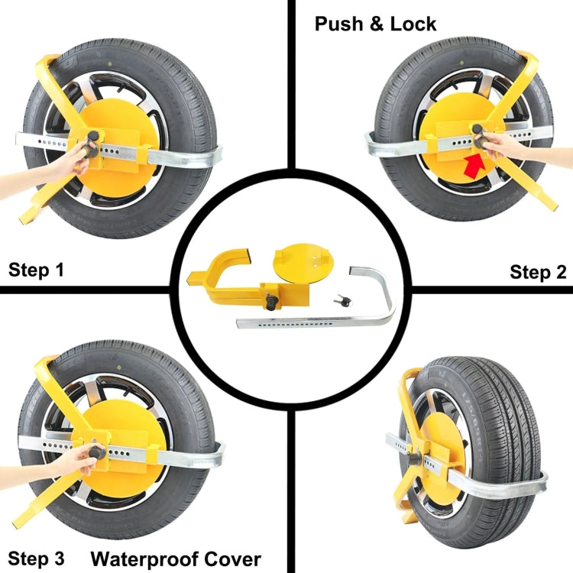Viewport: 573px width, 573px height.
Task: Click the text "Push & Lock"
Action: coord(375,24)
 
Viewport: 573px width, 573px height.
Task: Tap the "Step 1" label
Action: coord(37,269)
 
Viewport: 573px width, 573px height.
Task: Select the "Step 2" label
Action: coord(538,272)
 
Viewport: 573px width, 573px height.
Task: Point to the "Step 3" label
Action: coord(37,558)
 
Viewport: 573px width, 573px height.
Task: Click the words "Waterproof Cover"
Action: coord(176,558)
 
